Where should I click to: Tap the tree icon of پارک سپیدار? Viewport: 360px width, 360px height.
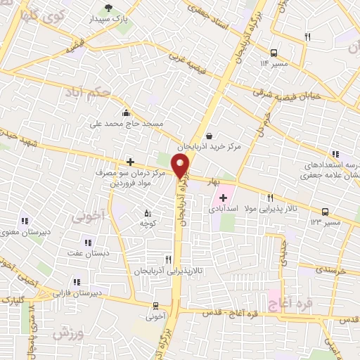pos(108,8)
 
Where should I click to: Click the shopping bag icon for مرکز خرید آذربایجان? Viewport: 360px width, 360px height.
pos(208,136)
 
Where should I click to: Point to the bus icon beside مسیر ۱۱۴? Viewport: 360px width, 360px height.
pos(274,53)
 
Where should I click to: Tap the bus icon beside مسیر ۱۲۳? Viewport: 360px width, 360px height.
pos(325,211)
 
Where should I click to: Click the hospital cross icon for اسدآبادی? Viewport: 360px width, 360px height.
pos(223,198)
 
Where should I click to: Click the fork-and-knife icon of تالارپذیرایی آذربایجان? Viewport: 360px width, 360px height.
pos(167,259)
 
